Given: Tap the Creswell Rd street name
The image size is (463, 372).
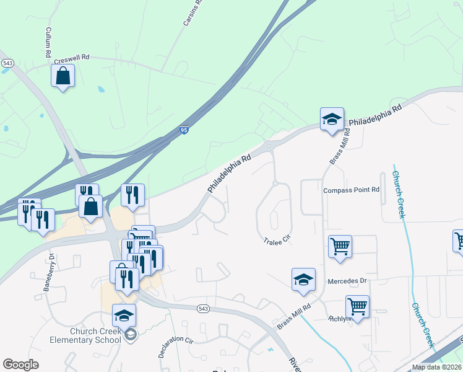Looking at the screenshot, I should pos(72,58).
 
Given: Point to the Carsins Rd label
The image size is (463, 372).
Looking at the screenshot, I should pos(193,13).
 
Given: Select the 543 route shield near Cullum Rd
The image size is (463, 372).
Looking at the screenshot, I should pos(7,63).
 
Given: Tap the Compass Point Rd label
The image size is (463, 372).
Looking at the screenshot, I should pos(350,190).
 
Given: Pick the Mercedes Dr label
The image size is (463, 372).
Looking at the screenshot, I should pos(347,281).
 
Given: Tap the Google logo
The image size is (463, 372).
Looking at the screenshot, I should pos(20,365).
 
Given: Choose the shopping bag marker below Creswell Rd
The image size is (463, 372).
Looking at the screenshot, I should pos(63,76).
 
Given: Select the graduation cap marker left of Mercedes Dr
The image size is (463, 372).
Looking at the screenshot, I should pos(303,280).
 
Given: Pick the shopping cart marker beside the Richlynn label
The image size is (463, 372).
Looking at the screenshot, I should pos(357,306).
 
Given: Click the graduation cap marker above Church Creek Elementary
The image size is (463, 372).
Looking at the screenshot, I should pos(124,316).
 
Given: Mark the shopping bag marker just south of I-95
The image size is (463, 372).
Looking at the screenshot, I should pos(91,207).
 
